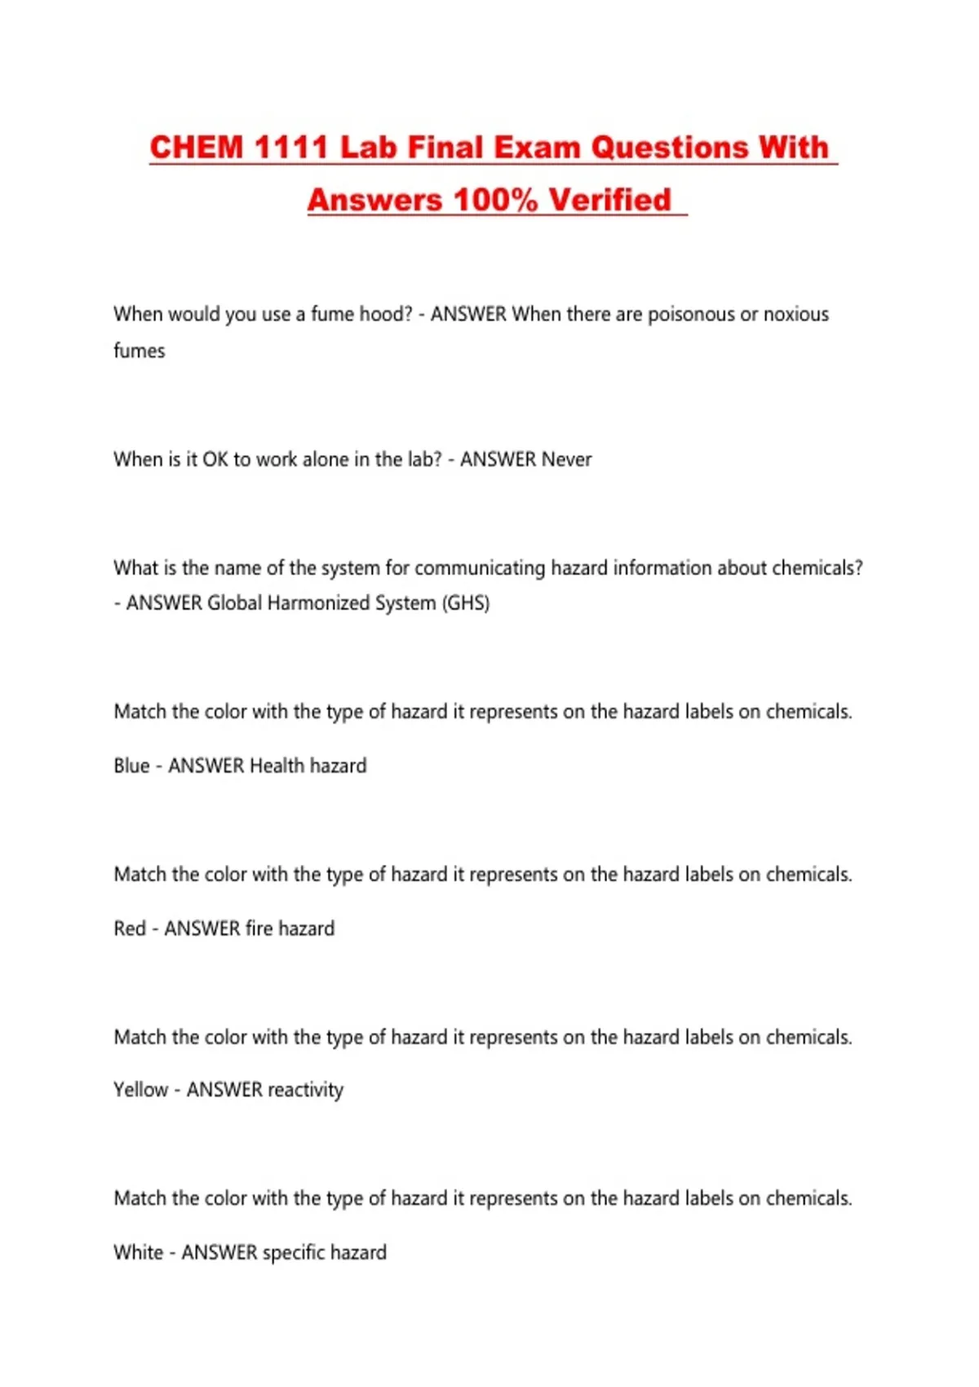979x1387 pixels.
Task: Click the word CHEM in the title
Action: pyautogui.click(x=197, y=148)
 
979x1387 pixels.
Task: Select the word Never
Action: pyautogui.click(x=566, y=459)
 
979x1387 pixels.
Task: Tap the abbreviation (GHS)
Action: pyautogui.click(x=466, y=603)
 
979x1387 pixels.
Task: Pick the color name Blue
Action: pyautogui.click(x=131, y=765)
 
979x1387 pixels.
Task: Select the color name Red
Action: pyautogui.click(x=130, y=928)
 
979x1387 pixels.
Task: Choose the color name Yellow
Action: pyautogui.click(x=140, y=1090)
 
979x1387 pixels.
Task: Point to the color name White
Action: pyautogui.click(x=138, y=1252)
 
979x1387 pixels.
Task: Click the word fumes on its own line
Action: pyautogui.click(x=139, y=351)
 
